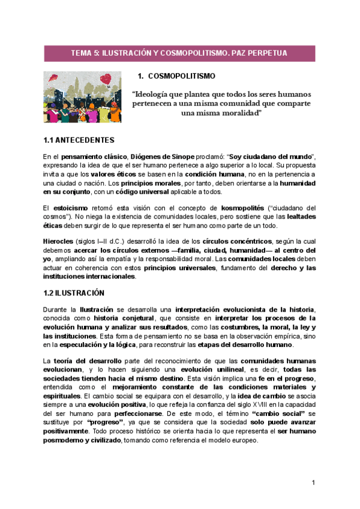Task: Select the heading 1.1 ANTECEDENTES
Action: coord(79,140)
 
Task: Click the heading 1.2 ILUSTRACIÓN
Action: coord(74,293)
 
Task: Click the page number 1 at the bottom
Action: coord(313,483)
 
